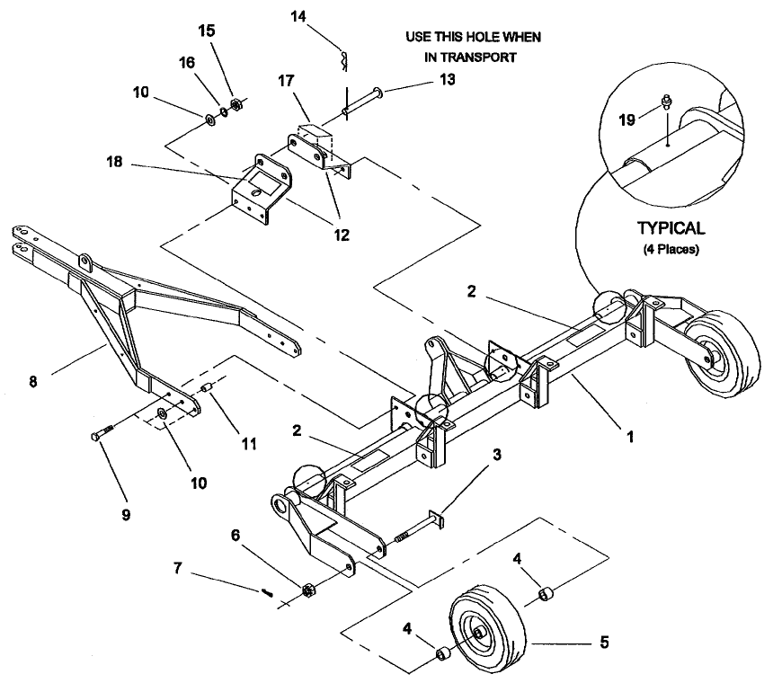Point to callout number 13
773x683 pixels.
pyautogui.click(x=447, y=79)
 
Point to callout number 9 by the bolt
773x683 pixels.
pyautogui.click(x=126, y=513)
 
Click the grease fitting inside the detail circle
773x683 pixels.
pyautogui.click(x=667, y=102)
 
